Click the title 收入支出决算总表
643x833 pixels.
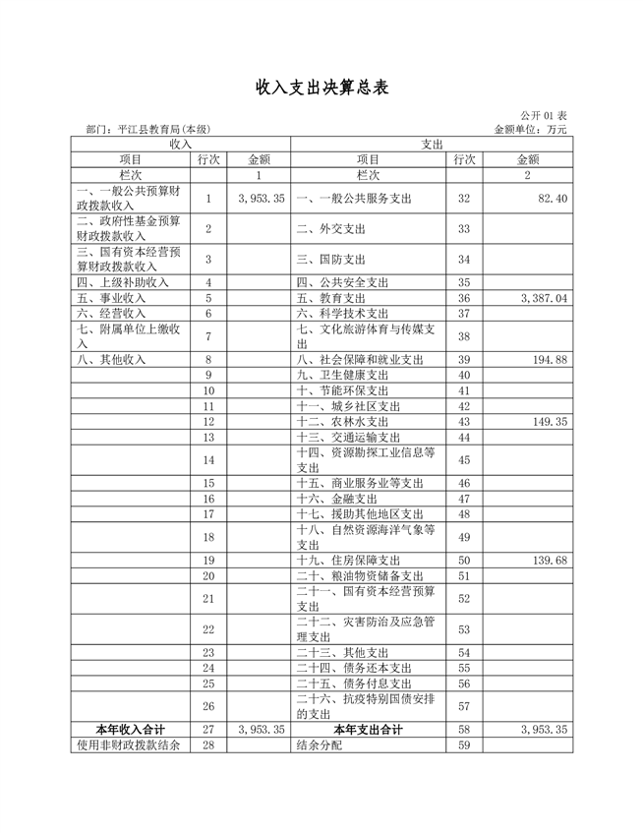[x=321, y=88]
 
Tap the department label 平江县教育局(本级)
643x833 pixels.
[x=147, y=129]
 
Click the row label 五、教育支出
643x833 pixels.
[x=330, y=298]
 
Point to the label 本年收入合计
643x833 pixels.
[x=130, y=730]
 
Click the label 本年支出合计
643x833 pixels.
[x=368, y=730]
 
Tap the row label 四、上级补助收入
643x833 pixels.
[x=117, y=282]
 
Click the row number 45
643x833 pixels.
[x=465, y=459]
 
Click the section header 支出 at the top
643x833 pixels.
[x=433, y=144]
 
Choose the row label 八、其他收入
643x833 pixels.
[x=110, y=360]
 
